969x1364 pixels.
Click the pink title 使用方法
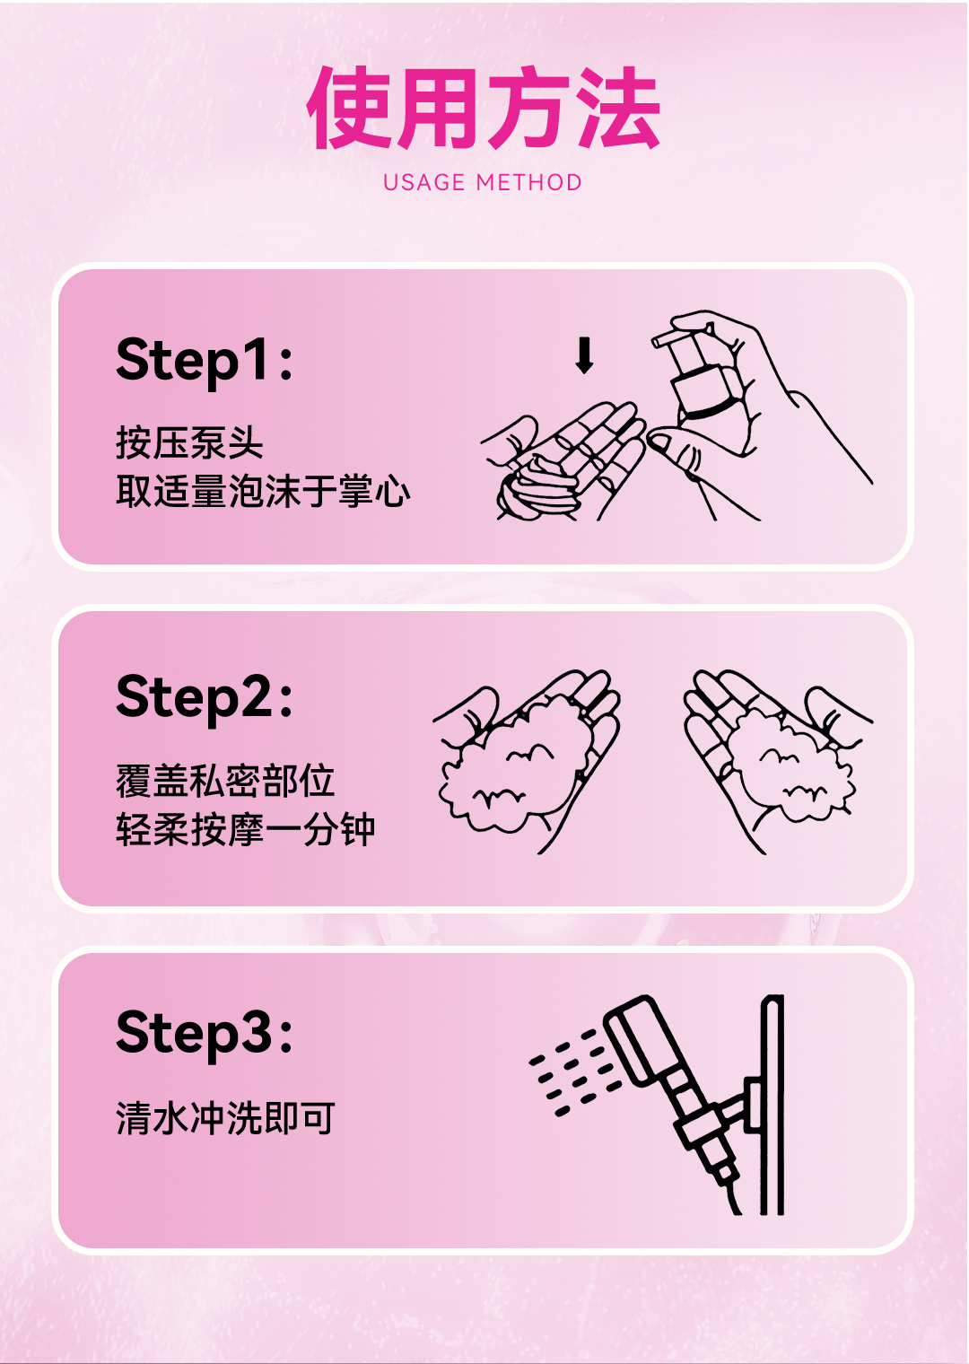coord(484,108)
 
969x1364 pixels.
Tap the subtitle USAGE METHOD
coord(483,183)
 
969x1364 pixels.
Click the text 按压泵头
coord(189,442)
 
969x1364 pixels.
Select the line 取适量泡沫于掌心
coord(263,491)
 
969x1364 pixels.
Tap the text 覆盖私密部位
coord(226,782)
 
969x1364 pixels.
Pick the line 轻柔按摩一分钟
coord(245,829)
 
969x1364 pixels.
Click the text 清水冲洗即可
coord(226,1118)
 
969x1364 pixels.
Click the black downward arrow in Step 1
coord(585,355)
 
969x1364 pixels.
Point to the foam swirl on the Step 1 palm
coord(537,486)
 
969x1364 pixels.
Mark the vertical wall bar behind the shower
coord(773,1106)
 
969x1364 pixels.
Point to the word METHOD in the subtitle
coord(529,183)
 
